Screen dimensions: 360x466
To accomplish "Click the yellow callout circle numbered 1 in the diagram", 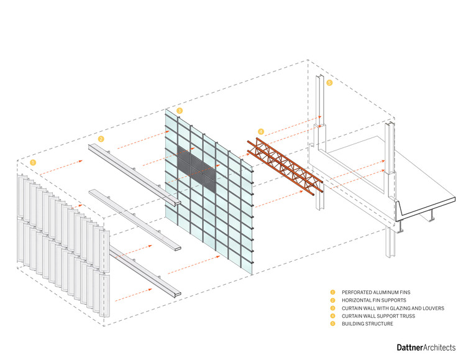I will (x=32, y=162).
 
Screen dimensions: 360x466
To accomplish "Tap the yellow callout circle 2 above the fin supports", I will (x=101, y=139).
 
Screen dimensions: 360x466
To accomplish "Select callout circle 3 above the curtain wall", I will (x=180, y=111).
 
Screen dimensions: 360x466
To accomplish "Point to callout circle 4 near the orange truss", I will (x=261, y=131).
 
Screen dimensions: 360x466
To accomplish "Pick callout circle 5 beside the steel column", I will (x=329, y=82).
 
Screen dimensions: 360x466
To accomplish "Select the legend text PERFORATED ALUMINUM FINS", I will (x=371, y=292).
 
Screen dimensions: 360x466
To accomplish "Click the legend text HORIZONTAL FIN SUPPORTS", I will (x=370, y=300).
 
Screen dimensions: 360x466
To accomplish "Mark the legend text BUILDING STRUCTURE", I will (x=367, y=325).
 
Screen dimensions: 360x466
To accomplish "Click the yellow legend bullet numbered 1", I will (x=332, y=292).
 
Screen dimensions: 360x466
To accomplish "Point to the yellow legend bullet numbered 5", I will (x=332, y=325).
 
